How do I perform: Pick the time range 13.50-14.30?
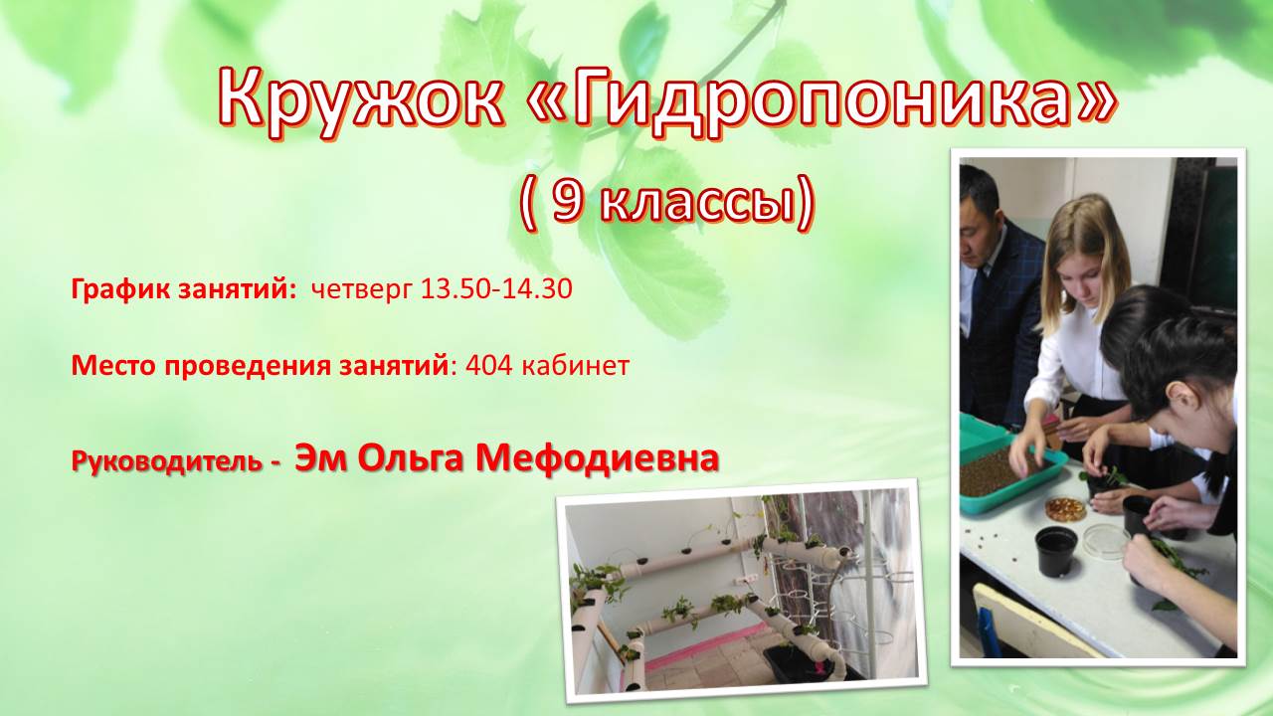click(x=496, y=288)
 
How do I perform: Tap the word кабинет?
click(x=576, y=366)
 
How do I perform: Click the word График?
click(x=120, y=289)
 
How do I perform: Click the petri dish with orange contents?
click(x=1066, y=508)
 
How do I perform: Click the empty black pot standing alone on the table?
click(x=1056, y=551)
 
